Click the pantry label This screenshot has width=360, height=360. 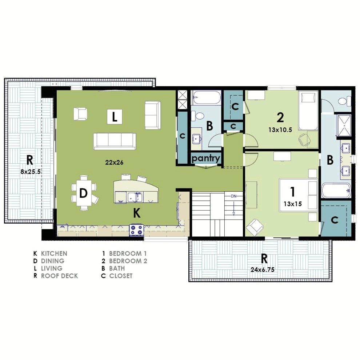[206, 158]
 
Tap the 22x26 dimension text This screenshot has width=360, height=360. [114, 163]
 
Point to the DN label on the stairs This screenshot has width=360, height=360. [233, 196]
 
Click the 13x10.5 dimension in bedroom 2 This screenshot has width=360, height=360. [280, 130]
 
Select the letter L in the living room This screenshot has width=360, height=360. [114, 117]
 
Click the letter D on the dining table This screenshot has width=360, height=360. [83, 193]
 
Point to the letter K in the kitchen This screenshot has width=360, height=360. [137, 213]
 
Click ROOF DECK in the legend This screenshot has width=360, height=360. [59, 276]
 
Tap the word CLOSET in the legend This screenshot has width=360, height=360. [121, 276]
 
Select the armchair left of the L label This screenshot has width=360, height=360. [80, 114]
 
